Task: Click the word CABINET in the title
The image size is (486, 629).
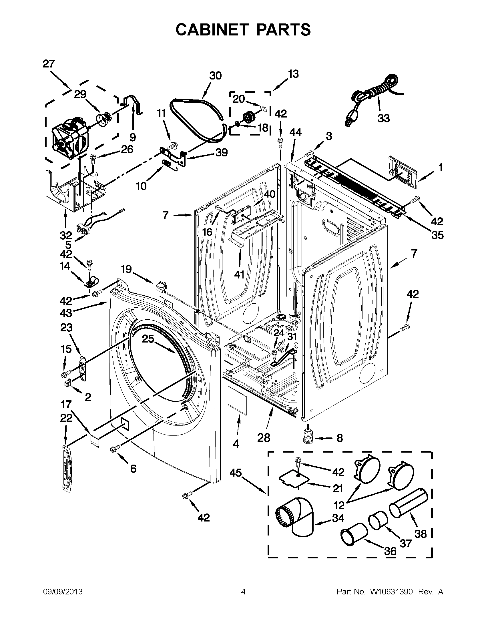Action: tap(212, 30)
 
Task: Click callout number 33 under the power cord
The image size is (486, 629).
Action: tap(383, 118)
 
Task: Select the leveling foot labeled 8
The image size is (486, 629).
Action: tap(308, 437)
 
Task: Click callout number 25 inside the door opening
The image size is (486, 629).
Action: tap(148, 339)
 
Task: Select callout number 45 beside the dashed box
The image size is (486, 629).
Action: tap(236, 473)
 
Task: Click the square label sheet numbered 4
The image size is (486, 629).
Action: tap(238, 400)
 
